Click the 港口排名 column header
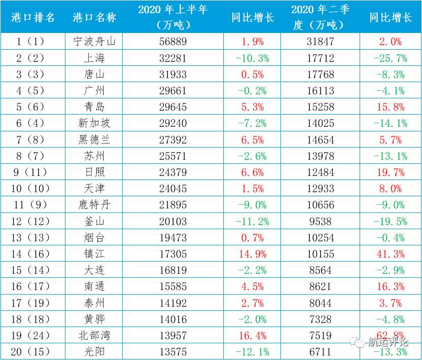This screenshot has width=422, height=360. (33, 17)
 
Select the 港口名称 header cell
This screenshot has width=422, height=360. (94, 17)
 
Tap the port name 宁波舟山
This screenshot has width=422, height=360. (94, 42)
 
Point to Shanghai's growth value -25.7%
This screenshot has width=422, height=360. (390, 58)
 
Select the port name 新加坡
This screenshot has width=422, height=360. (94, 123)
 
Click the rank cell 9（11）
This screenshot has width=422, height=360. (33, 172)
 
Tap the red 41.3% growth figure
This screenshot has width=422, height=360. (390, 254)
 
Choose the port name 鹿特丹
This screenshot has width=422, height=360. (94, 205)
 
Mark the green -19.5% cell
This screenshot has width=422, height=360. (390, 222)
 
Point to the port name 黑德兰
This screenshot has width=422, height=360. (94, 139)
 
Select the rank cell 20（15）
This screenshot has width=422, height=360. (33, 352)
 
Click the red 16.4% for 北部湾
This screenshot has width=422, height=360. (252, 336)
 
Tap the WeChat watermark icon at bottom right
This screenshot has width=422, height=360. (359, 343)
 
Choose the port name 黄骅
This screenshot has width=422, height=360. (94, 319)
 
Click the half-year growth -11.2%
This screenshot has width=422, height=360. (252, 222)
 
